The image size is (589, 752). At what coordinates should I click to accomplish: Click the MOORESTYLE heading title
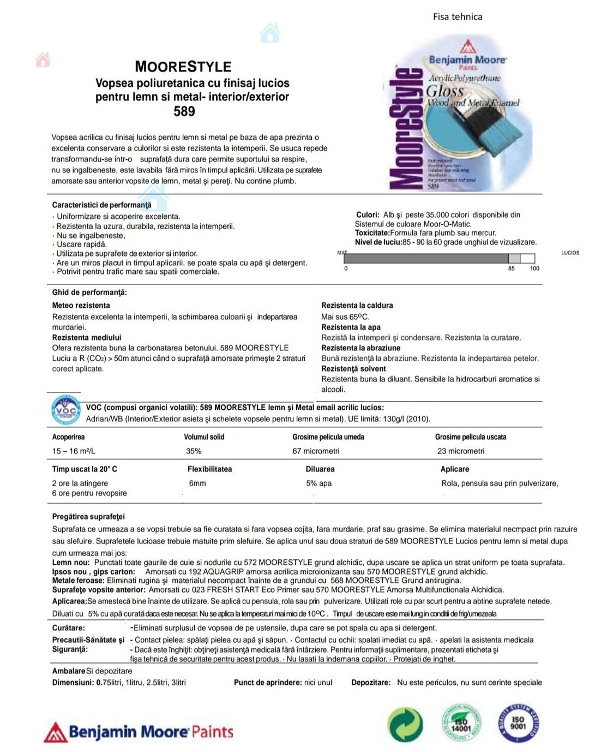183,67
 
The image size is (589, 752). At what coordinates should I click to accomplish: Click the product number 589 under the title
184,111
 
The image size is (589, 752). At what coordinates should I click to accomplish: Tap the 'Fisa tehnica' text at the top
458,16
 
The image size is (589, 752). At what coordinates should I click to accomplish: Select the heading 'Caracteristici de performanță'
101,205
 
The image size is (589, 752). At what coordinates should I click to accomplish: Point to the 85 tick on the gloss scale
512,268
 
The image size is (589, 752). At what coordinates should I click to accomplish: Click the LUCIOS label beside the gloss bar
570,253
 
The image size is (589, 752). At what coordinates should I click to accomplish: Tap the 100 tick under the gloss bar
534,268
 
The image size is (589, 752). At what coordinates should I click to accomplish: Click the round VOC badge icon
66,411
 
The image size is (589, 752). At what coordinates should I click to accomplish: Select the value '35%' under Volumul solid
194,451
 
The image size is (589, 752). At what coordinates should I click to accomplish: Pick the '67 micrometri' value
316,451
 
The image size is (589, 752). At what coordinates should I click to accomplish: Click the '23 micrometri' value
461,451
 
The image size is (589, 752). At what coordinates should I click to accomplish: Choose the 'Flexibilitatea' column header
209,469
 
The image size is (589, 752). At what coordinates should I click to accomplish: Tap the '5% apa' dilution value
318,483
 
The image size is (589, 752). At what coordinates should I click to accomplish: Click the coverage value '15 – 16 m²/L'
74,451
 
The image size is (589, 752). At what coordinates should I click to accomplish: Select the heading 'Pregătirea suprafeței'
88,516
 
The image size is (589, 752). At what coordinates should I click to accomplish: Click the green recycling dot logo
405,725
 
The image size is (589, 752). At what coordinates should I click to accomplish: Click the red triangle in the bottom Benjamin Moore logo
55,732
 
